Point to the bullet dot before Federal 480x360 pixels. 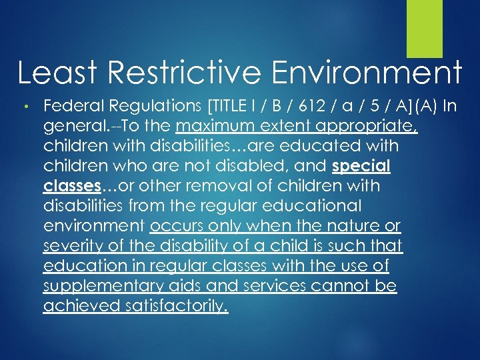click(x=24, y=106)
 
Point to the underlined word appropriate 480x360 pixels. click(x=369, y=125)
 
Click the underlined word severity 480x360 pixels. click(x=74, y=246)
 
